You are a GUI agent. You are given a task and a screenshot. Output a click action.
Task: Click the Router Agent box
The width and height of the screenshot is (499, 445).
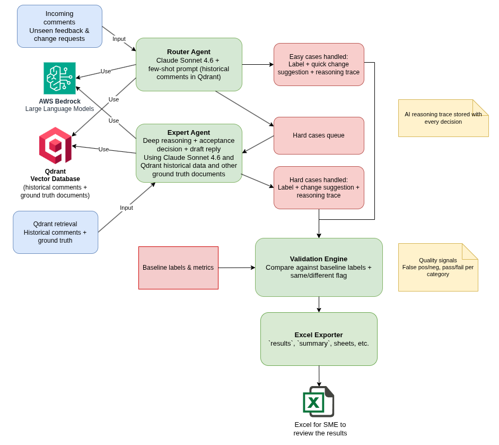pos(189,64)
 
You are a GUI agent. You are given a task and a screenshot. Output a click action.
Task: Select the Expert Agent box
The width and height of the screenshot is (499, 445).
pos(189,153)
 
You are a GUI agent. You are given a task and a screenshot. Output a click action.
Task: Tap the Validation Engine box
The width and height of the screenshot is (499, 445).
pos(319,267)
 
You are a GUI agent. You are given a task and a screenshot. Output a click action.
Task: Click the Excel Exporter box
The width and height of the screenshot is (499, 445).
pos(319,339)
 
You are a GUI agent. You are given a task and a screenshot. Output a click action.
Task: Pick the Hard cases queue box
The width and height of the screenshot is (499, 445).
pos(319,135)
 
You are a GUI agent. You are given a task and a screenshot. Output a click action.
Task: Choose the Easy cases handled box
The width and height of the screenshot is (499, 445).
pos(319,64)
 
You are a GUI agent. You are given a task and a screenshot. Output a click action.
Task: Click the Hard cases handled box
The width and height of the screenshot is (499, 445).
pos(319,187)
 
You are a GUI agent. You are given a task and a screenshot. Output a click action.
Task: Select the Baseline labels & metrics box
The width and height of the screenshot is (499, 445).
pos(178,268)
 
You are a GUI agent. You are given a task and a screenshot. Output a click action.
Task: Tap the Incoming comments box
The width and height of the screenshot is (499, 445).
pos(59,26)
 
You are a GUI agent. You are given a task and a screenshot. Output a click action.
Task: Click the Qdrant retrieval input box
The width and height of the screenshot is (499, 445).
pos(55,232)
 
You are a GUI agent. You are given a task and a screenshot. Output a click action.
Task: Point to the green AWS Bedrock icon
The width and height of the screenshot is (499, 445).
pos(59,78)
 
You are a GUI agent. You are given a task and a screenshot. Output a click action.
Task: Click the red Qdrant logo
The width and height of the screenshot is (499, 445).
pos(55,146)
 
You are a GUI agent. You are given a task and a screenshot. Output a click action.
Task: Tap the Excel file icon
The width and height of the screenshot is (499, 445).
pos(318,401)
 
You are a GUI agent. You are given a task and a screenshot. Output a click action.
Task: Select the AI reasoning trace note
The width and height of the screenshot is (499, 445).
pos(443,118)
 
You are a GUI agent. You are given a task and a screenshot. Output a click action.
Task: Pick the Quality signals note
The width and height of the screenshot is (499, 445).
pos(438,267)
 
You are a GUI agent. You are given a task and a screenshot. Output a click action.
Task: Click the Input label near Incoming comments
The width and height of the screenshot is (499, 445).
pos(119,39)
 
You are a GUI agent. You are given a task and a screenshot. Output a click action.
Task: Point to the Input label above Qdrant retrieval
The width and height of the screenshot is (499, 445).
pos(126,208)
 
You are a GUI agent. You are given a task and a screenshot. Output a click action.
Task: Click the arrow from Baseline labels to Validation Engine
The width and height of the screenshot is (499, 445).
pos(237,268)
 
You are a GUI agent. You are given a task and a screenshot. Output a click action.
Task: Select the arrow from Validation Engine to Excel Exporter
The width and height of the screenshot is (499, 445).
pos(319,304)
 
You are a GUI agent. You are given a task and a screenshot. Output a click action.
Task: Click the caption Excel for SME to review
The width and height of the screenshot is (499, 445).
pos(320,429)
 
